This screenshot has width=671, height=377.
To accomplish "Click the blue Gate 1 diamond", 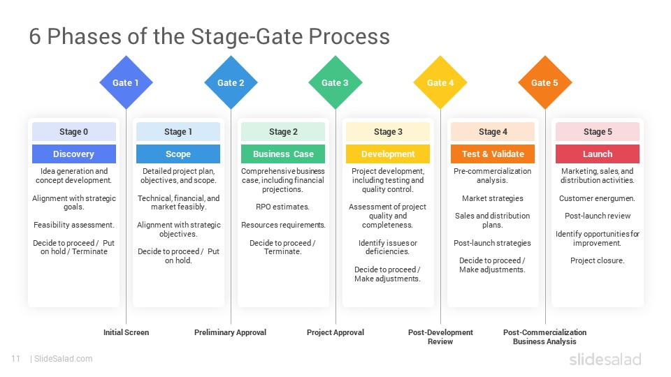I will click(x=126, y=82).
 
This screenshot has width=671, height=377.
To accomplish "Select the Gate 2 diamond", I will click(x=231, y=82).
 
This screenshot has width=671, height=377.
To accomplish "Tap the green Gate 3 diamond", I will click(x=335, y=82).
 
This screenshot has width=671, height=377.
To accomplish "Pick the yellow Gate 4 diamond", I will click(x=440, y=82).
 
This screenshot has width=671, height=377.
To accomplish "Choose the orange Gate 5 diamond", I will click(x=545, y=82).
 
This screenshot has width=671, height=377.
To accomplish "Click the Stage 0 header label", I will click(x=73, y=132).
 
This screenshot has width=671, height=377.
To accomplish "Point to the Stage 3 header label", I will click(x=388, y=132).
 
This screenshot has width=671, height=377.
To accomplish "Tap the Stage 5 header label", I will click(x=598, y=132).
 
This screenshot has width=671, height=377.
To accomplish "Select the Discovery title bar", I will click(x=73, y=154).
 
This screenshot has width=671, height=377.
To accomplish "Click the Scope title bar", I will click(x=178, y=154).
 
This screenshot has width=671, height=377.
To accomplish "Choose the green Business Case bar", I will click(x=283, y=154).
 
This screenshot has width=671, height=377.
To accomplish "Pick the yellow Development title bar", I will click(x=388, y=154).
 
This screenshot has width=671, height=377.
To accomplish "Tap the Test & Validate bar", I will click(x=493, y=154).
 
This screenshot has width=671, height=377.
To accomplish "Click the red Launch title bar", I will click(x=598, y=154).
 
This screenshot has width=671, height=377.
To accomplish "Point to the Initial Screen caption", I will click(x=126, y=332).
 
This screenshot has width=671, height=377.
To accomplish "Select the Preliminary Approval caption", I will click(x=230, y=332).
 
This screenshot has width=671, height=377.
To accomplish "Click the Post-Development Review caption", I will click(x=440, y=337).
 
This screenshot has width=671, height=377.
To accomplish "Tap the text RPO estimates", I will click(x=283, y=207).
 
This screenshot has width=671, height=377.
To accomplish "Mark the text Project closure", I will click(x=598, y=260).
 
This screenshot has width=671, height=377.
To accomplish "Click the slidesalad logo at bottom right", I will click(x=605, y=360).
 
